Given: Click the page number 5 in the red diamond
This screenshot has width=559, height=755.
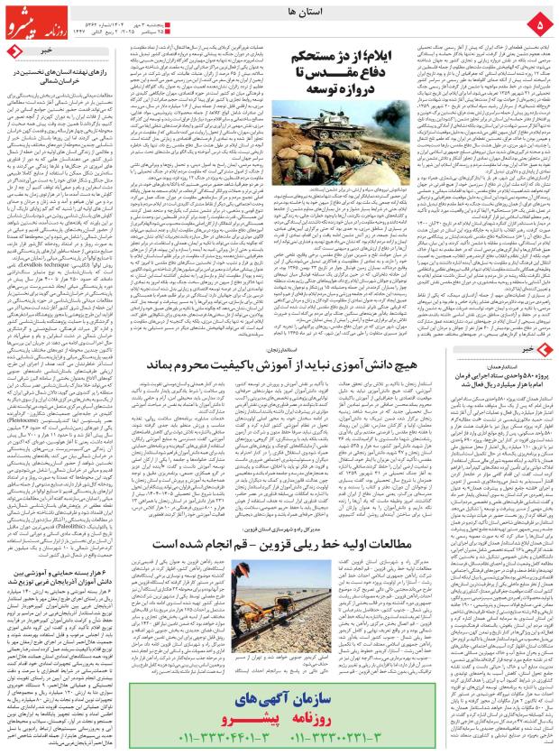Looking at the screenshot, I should pyautogui.click(x=538, y=21).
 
